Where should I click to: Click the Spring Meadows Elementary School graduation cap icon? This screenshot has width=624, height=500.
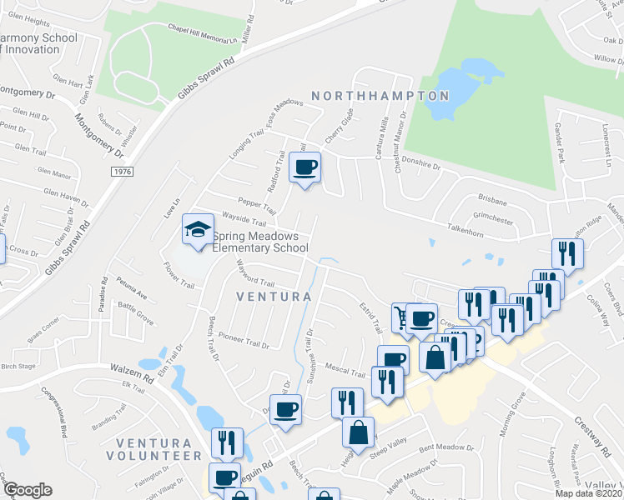(198, 231)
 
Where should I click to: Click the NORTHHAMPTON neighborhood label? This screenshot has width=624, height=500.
(380, 96)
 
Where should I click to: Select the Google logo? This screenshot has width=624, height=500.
(28, 490)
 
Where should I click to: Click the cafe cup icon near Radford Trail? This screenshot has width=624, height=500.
(304, 168)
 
